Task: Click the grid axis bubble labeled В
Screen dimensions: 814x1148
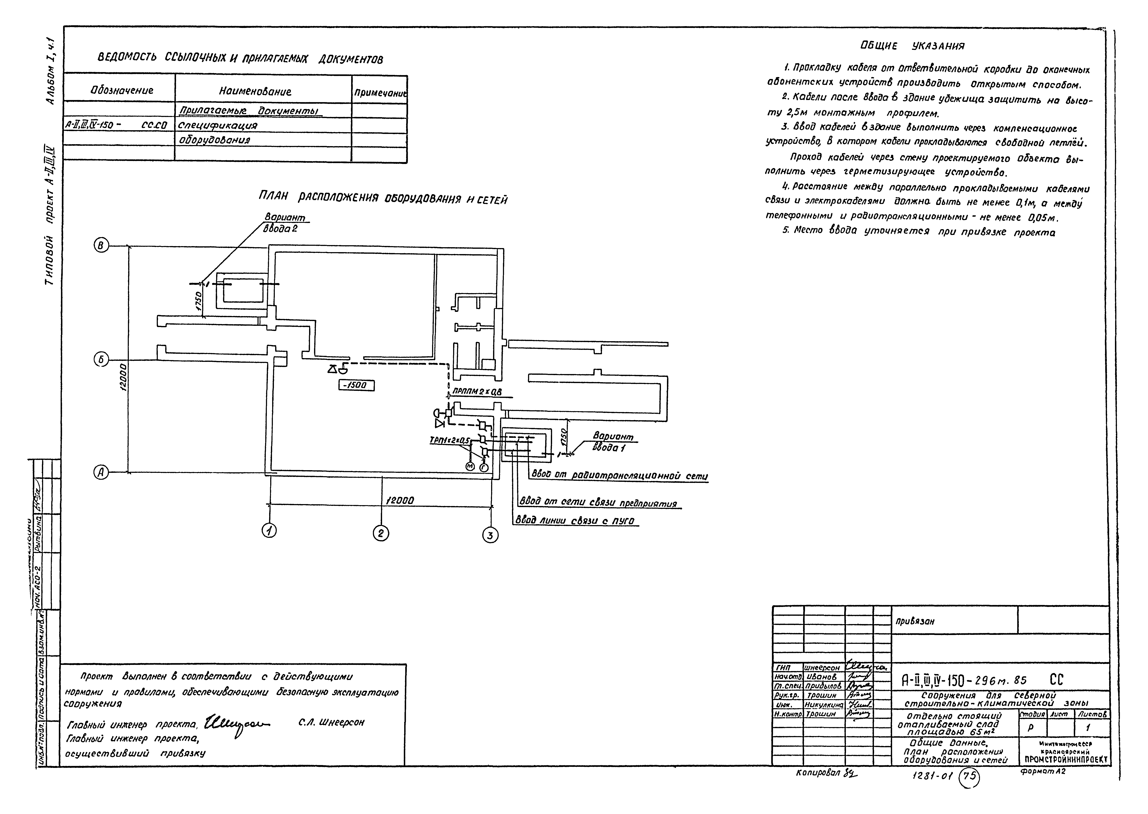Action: [x=101, y=246]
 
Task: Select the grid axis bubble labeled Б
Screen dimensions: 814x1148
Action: [x=101, y=359]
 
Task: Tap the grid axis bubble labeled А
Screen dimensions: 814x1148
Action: [x=101, y=472]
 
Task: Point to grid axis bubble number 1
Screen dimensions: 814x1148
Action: [x=270, y=530]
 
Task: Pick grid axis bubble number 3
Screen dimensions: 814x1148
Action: [x=490, y=535]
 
